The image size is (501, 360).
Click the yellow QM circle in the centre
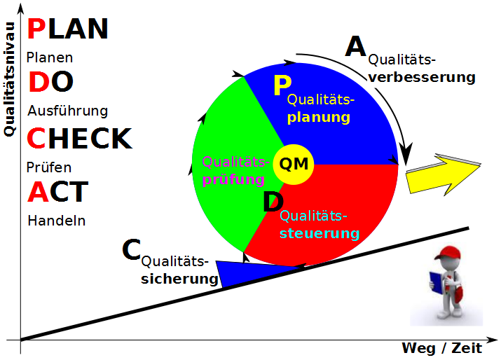[x=294, y=165]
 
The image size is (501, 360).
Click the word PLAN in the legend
[x=67, y=29]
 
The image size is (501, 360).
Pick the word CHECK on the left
[x=78, y=139]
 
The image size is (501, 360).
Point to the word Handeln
[x=56, y=220]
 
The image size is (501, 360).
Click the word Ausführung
[x=67, y=111]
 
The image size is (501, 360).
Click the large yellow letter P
[x=282, y=85]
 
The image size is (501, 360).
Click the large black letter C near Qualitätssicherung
[x=131, y=250]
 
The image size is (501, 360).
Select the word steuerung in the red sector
[x=320, y=233]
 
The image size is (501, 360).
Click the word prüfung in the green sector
[x=233, y=179]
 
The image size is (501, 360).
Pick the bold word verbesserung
[x=422, y=77]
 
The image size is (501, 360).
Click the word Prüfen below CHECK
[x=49, y=167]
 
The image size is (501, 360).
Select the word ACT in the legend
[x=58, y=191]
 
